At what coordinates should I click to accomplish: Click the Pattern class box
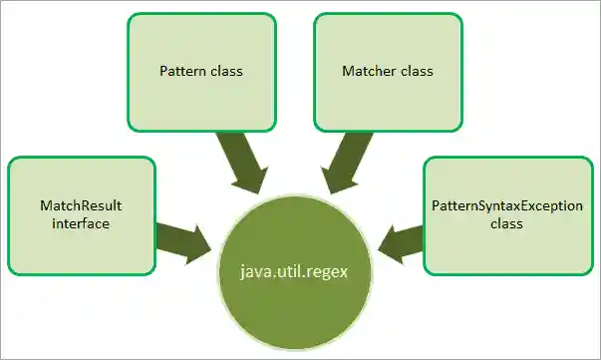click(202, 72)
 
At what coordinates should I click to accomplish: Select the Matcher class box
click(388, 72)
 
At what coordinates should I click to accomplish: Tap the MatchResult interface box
click(81, 214)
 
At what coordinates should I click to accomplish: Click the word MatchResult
click(82, 204)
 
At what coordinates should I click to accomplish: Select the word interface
click(82, 224)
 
